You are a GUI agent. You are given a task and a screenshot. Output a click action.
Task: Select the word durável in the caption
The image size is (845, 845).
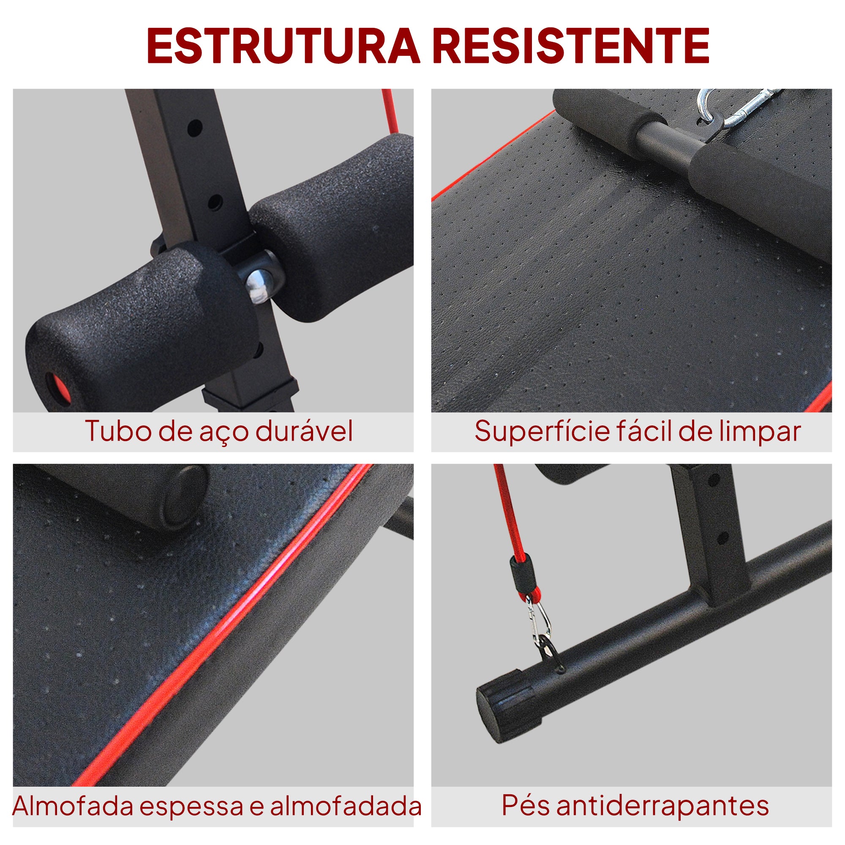tap(304, 431)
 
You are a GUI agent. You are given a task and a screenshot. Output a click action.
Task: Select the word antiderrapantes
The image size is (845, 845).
tap(662, 806)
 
